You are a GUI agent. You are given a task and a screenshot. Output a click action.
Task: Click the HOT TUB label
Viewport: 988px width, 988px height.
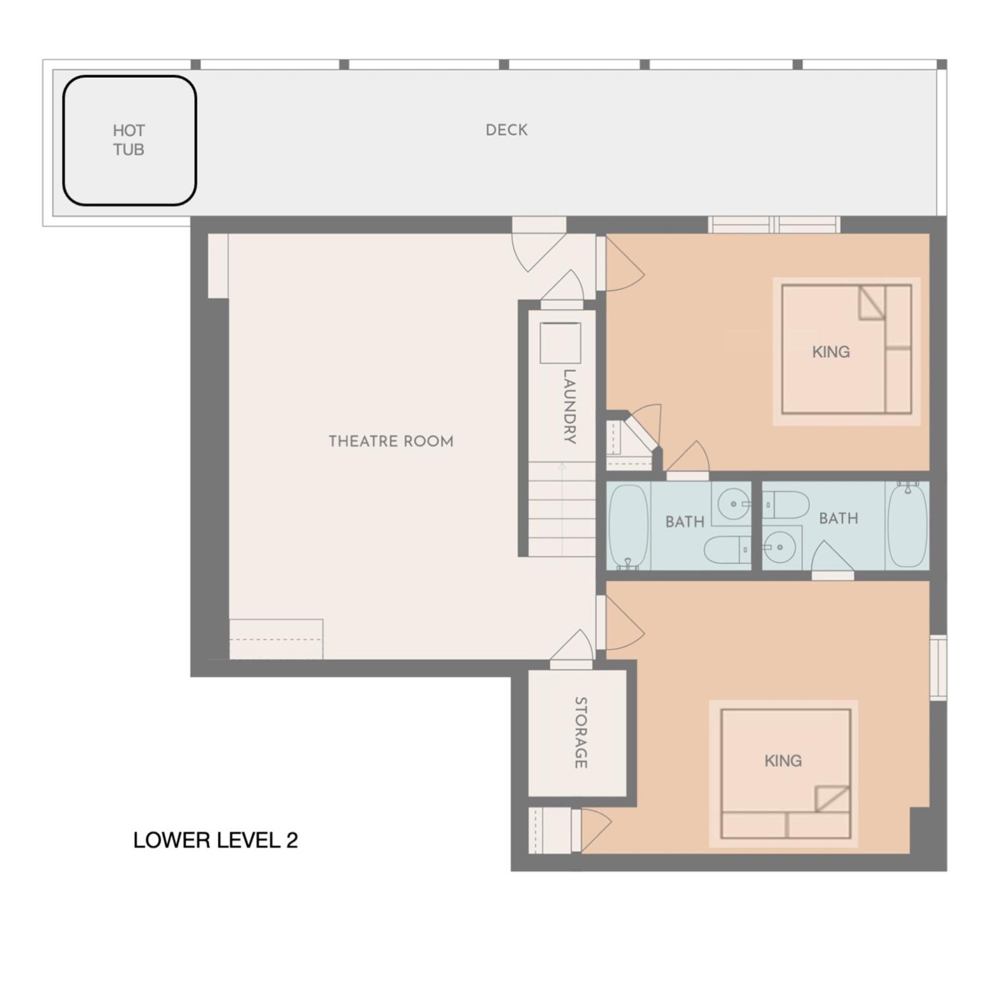[129, 140]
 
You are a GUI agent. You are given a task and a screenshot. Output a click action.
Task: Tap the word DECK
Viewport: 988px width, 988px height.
[506, 130]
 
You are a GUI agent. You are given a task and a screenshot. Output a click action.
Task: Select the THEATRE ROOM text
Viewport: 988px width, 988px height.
[391, 441]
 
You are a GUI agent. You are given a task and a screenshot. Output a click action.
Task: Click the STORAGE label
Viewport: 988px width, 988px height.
[580, 732]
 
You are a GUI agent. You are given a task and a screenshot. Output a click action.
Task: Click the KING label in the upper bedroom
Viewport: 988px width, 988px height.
[831, 352]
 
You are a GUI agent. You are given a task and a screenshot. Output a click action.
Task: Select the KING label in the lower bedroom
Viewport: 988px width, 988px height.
[783, 761]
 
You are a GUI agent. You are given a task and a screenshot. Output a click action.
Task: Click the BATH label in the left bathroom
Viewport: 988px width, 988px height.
[685, 522]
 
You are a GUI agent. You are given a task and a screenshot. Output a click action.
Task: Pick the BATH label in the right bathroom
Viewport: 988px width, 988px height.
[838, 519]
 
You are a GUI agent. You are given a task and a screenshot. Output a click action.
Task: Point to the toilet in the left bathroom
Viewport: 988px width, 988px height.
[726, 550]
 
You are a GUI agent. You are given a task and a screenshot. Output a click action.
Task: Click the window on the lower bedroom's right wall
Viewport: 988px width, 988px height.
[938, 667]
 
